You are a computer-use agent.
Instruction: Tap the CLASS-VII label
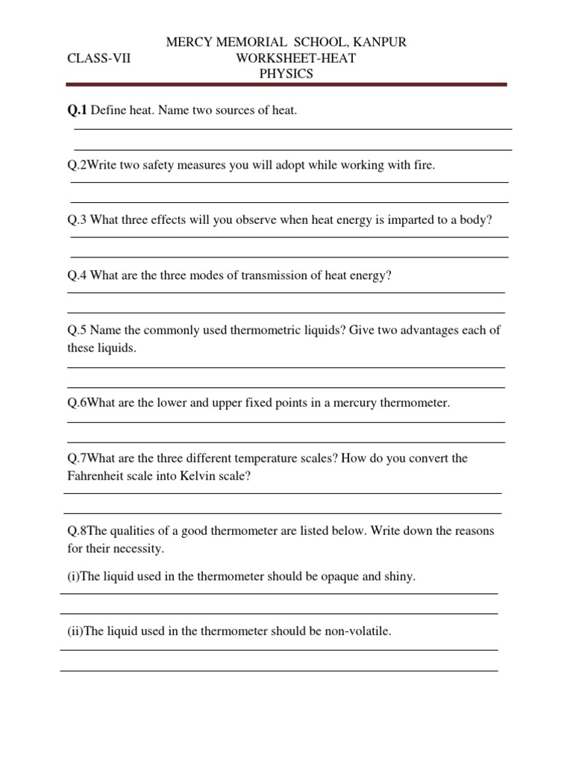point(99,58)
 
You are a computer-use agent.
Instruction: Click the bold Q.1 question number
point(77,110)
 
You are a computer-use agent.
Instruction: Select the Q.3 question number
point(78,220)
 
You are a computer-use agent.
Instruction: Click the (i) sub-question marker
point(73,577)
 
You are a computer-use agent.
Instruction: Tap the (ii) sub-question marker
point(75,631)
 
